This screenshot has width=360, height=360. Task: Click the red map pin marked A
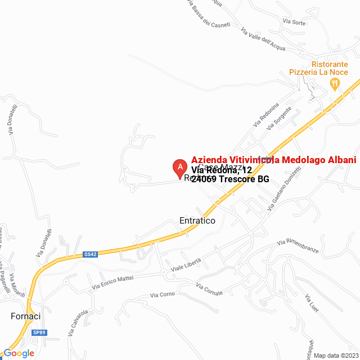(x=179, y=167)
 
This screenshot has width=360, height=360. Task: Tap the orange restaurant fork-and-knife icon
(x=335, y=84)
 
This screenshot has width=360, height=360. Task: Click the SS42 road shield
(x=91, y=254)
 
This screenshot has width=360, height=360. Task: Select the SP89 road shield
(x=39, y=332)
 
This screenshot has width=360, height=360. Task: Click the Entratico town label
(x=197, y=221)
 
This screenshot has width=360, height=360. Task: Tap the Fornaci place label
(x=26, y=316)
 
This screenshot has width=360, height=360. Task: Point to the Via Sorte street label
(x=294, y=22)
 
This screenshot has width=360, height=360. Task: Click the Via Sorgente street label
(x=280, y=118)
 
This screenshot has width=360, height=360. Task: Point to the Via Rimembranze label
(x=298, y=246)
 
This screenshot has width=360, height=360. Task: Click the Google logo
(x=19, y=353)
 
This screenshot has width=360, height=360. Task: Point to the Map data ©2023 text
(x=335, y=355)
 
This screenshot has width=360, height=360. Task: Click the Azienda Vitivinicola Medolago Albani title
(x=274, y=160)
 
